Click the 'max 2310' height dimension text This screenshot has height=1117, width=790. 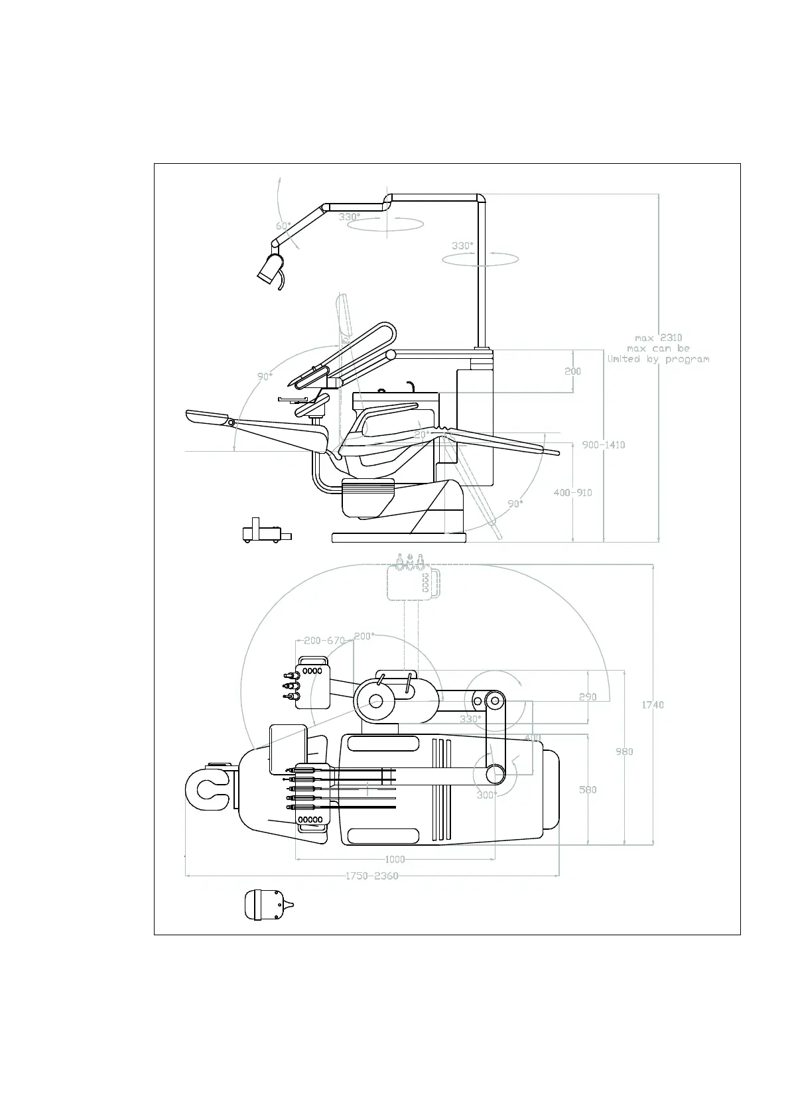pyautogui.click(x=658, y=338)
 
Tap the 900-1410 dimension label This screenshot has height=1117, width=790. pyautogui.click(x=604, y=445)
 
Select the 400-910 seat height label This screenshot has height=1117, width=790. pyautogui.click(x=573, y=493)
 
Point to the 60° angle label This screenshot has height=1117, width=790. pyautogui.click(x=283, y=226)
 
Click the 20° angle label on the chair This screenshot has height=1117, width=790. pyautogui.click(x=421, y=434)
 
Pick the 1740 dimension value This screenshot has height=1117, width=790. pyautogui.click(x=653, y=705)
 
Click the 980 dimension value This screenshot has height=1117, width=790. pyautogui.click(x=624, y=752)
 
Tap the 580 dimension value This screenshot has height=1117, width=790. pyautogui.click(x=588, y=790)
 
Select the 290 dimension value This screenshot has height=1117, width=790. pyautogui.click(x=588, y=697)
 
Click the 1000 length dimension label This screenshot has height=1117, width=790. pyautogui.click(x=395, y=859)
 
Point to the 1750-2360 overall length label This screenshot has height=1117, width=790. pyautogui.click(x=371, y=876)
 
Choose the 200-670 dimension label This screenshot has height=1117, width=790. pyautogui.click(x=324, y=641)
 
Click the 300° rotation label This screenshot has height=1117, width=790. pyautogui.click(x=486, y=795)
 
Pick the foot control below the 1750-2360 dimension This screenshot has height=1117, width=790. pyautogui.click(x=267, y=905)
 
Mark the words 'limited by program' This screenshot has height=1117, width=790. pyautogui.click(x=658, y=359)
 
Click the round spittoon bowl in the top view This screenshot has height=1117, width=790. pyautogui.click(x=376, y=700)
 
